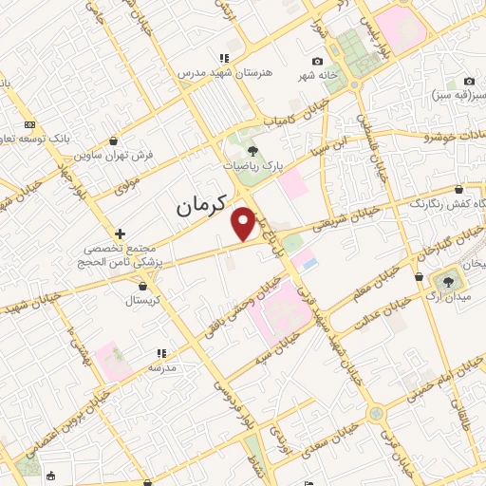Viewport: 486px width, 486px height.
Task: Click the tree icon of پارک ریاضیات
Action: point(252,150)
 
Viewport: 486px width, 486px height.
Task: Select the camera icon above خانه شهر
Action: point(317,62)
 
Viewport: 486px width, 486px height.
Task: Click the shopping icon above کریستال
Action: point(142,284)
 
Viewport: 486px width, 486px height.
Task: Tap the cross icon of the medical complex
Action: point(120,233)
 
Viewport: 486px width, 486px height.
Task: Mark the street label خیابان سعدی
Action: point(331,442)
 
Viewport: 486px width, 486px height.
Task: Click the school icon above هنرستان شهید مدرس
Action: point(224,58)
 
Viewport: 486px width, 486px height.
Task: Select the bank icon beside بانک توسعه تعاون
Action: point(29,124)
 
